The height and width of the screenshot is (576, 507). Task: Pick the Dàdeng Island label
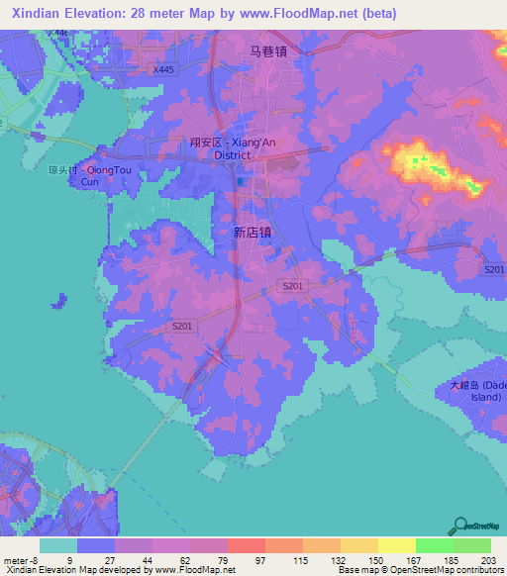pyautogui.click(x=472, y=391)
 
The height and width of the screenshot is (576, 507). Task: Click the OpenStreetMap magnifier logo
pyautogui.click(x=458, y=526)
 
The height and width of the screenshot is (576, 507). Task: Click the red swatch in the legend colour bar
pyautogui.click(x=246, y=545)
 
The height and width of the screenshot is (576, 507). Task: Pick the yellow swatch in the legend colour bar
pyautogui.click(x=396, y=545)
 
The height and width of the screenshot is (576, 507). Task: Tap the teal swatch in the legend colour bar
pyautogui.click(x=58, y=545)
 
